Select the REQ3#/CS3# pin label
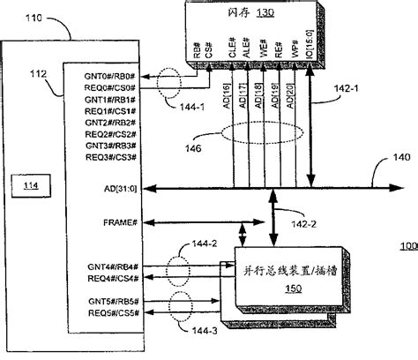[112, 156]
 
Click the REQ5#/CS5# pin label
[112, 312]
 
